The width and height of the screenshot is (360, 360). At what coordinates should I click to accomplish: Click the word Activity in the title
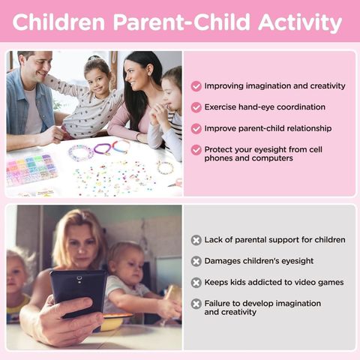300,22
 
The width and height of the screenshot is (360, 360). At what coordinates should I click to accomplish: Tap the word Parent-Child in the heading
181,22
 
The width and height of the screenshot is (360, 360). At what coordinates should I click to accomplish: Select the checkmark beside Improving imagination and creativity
196,86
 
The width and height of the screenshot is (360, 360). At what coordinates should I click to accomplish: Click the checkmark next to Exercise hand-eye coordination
196,107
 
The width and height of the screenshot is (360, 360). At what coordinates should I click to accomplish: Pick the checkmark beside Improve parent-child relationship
196,129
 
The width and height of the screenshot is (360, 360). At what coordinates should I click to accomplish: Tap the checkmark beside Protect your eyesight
196,150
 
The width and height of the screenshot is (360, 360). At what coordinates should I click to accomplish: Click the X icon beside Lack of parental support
196,240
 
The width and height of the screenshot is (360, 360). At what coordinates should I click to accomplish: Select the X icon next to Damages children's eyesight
196,262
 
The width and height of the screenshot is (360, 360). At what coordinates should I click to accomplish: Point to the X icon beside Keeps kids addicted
196,283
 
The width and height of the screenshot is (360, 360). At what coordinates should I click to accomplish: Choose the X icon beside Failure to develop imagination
196,304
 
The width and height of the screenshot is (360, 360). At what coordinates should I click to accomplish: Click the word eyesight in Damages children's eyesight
297,261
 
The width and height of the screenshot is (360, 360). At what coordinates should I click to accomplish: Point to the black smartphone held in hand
79,293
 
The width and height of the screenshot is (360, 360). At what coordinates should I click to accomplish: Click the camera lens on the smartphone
79,278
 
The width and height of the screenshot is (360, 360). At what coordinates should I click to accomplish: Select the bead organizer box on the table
31,170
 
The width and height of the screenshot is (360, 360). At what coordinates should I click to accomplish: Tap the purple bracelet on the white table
102,149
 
